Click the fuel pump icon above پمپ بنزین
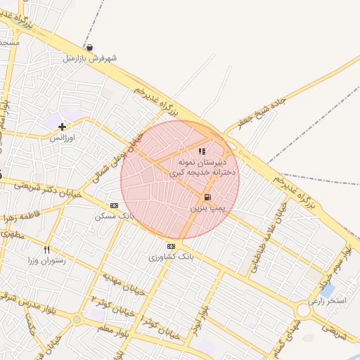207,198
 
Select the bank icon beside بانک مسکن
115,205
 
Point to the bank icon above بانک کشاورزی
171,246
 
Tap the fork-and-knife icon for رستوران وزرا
47,249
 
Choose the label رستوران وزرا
47,260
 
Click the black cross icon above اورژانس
63,127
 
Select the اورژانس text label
62,139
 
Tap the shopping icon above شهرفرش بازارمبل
99,47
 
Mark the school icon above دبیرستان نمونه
202,150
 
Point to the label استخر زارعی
332,301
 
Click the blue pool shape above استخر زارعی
328,290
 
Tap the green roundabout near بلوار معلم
77,320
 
